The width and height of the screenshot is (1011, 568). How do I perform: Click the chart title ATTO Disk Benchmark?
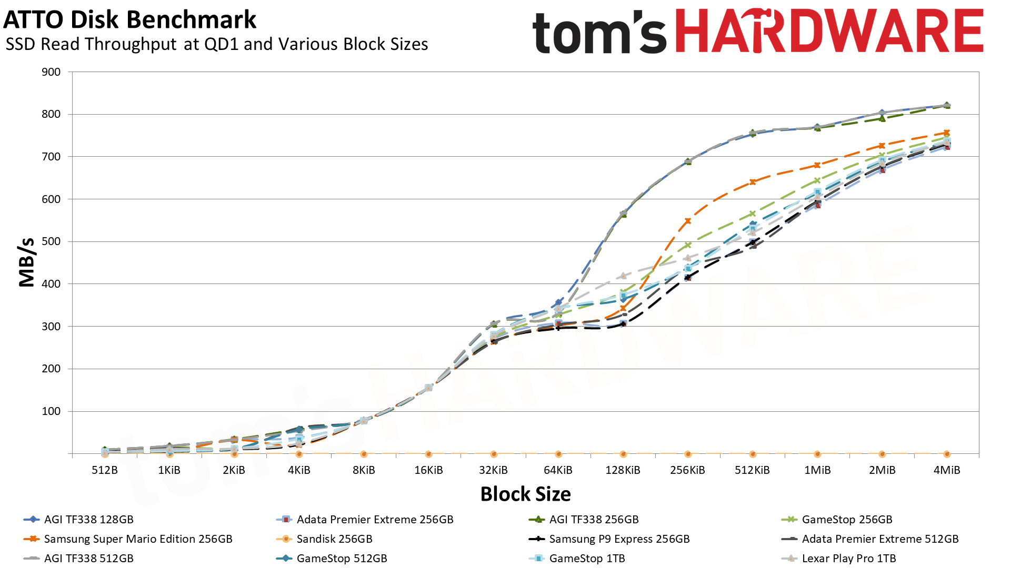click(129, 20)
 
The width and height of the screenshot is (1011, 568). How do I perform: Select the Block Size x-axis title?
click(525, 494)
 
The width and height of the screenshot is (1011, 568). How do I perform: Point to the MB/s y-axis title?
click(26, 262)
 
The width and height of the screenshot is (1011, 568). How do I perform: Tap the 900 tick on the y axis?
click(51, 72)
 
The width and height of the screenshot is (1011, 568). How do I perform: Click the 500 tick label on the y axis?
click(51, 241)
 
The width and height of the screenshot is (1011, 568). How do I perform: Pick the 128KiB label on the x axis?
click(623, 470)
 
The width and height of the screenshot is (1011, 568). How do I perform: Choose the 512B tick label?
click(104, 470)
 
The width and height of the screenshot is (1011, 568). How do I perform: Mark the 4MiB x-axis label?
click(946, 470)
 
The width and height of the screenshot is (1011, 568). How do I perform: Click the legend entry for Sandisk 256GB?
click(334, 539)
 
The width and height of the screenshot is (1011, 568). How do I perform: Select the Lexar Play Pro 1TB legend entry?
click(848, 559)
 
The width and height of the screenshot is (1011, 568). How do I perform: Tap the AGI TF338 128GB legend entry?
click(88, 520)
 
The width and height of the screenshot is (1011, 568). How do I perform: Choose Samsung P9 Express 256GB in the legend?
click(619, 539)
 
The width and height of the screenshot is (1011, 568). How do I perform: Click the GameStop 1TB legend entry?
click(587, 559)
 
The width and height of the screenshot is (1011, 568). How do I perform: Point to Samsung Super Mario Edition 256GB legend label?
click(138, 539)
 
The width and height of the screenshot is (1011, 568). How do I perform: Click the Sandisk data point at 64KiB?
click(558, 454)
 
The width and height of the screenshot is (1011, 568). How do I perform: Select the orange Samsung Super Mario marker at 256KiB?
click(687, 221)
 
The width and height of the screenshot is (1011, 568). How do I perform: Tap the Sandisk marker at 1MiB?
click(817, 454)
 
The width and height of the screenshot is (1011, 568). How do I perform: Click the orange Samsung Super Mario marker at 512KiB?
click(753, 182)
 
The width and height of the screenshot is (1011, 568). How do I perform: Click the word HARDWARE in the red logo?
click(829, 32)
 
